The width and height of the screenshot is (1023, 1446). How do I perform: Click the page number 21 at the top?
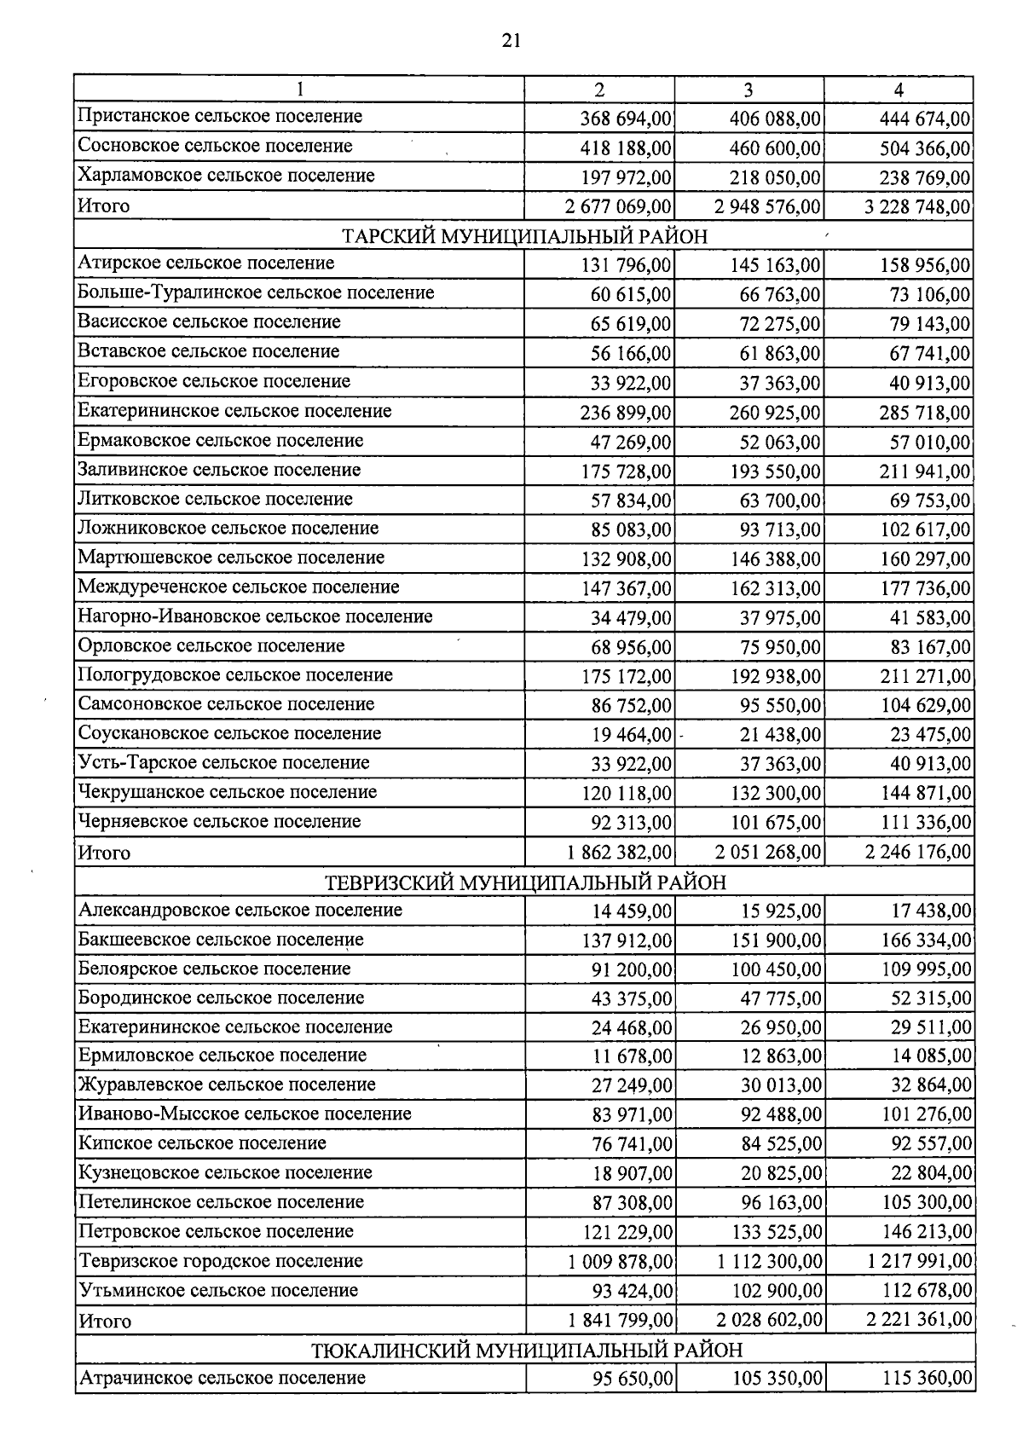pos(511,41)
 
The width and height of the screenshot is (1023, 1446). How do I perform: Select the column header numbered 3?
pos(748,90)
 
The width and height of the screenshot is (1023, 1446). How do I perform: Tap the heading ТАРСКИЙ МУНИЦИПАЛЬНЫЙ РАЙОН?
pos(524,236)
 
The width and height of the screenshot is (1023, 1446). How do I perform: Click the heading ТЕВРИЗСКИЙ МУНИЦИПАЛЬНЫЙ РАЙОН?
pos(526,882)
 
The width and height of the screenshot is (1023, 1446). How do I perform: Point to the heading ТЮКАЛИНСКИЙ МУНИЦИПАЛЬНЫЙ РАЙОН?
pos(526,1350)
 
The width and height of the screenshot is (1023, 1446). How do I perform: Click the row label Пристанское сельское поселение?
pos(220,116)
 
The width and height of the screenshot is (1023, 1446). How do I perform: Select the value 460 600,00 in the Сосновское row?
pos(775,148)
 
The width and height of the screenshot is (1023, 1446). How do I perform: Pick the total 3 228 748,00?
pos(917,207)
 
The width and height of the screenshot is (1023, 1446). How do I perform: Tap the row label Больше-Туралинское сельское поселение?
pos(256,292)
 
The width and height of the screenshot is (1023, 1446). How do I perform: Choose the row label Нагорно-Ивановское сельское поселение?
pos(255,616)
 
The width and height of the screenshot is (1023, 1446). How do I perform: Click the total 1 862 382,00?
pos(619,852)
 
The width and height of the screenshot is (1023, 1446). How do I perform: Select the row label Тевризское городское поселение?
pos(221,1260)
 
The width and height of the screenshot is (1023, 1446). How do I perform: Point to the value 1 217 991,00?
pos(919,1261)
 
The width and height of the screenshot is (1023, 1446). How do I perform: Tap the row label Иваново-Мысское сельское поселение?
pos(245,1113)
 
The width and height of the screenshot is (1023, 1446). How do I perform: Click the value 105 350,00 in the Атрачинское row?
pos(777,1379)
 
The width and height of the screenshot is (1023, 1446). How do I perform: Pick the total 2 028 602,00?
pos(770,1321)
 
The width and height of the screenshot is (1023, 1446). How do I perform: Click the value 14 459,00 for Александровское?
pos(632,911)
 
